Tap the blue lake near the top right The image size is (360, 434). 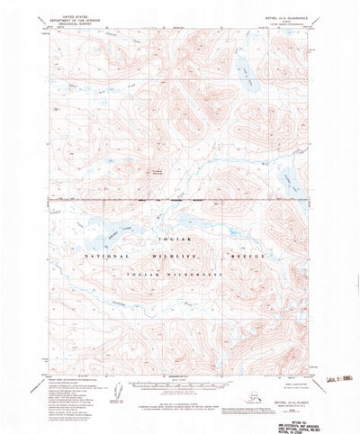244,67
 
